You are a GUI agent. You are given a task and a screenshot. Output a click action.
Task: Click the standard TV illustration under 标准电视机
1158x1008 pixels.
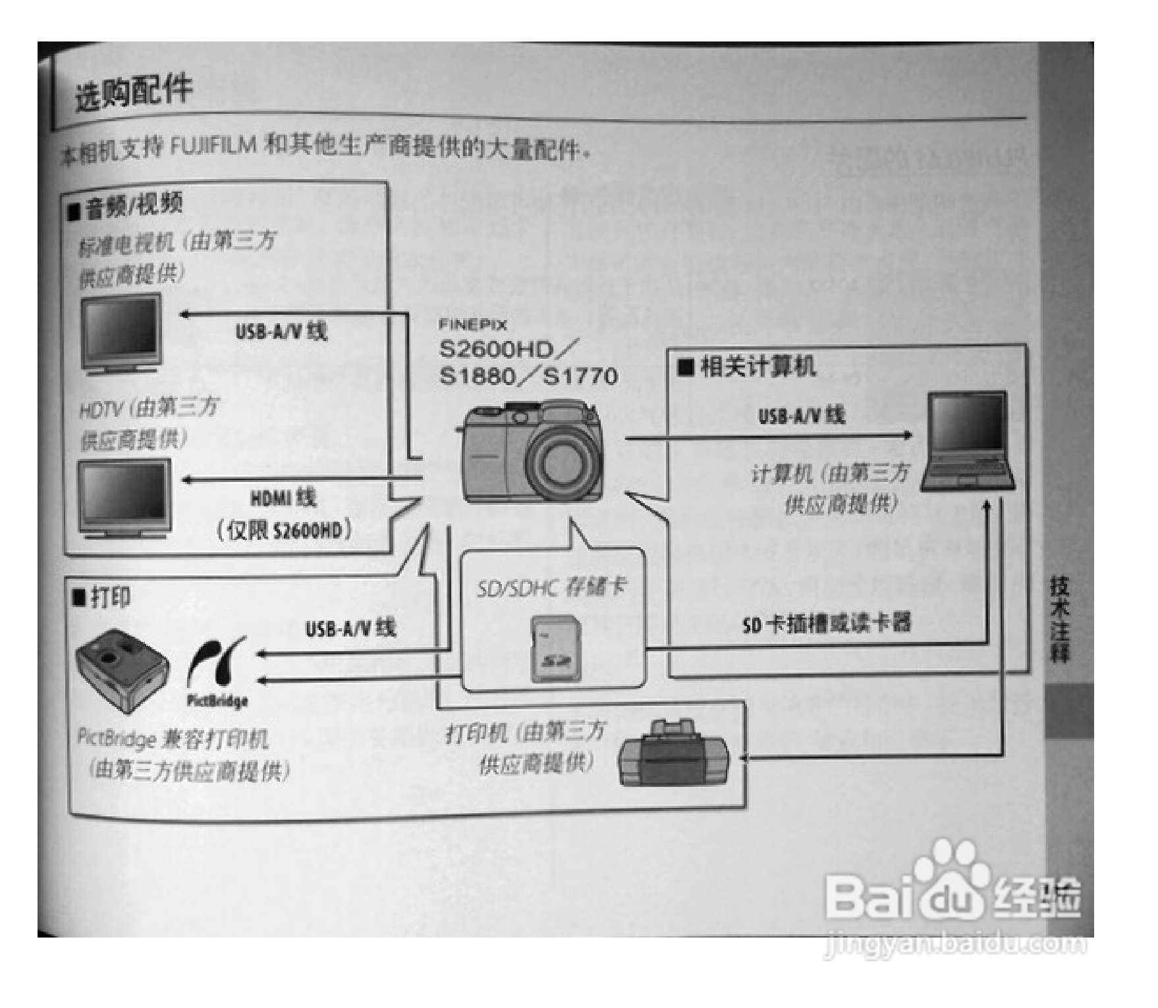point(122,334)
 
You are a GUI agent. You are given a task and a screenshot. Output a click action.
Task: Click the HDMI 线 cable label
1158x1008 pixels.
point(283,498)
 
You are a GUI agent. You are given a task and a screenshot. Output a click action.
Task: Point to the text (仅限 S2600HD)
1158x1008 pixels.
point(284,531)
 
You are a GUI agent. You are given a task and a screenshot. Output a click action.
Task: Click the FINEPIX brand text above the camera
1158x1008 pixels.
point(473,325)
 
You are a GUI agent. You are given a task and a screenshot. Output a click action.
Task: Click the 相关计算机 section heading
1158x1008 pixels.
point(758,367)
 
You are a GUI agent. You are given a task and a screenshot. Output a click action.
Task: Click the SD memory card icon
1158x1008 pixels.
point(555,649)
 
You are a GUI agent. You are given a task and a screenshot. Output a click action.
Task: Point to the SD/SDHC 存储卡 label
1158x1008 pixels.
point(552,587)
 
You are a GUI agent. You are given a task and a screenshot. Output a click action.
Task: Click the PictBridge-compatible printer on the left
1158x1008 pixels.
point(123,670)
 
